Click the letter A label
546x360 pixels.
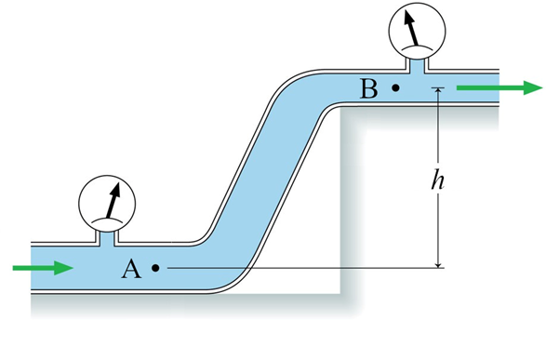point(131,269)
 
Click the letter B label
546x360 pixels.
point(368,89)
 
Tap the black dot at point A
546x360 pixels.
point(155,268)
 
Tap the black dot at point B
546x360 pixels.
point(395,88)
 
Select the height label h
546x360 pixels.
point(436,180)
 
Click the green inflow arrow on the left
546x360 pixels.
point(43,268)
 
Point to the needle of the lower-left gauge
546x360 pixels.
point(113,199)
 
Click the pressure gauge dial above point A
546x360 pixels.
point(105,203)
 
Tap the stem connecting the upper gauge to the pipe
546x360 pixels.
point(418,63)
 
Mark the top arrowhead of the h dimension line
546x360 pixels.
point(436,93)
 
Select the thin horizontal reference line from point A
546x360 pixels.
point(298,268)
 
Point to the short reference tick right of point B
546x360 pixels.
point(436,88)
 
